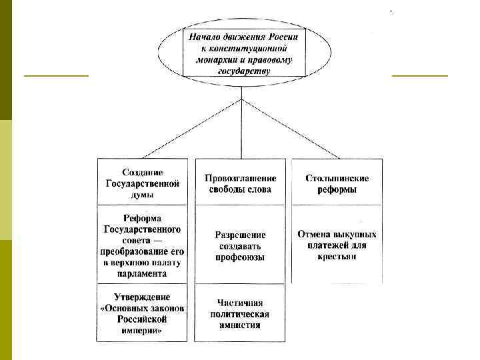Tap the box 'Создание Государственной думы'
(x=142, y=181)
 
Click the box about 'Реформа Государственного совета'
(x=142, y=245)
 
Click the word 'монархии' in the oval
(x=219, y=59)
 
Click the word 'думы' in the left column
(x=141, y=195)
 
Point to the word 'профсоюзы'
(x=241, y=257)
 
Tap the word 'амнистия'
(x=239, y=325)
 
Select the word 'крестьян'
(x=337, y=256)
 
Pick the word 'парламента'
(x=141, y=273)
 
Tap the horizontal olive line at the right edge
(x=420, y=76)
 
